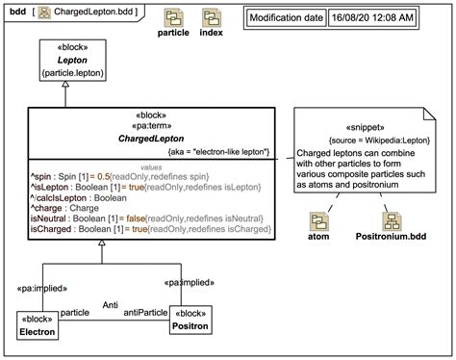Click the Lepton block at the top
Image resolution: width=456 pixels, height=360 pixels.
click(64, 60)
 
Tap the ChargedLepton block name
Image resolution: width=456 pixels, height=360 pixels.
click(142, 138)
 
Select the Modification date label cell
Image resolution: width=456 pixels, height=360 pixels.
click(287, 17)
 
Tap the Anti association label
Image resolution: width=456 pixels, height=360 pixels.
click(111, 304)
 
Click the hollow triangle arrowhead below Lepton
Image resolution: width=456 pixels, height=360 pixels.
click(64, 87)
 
